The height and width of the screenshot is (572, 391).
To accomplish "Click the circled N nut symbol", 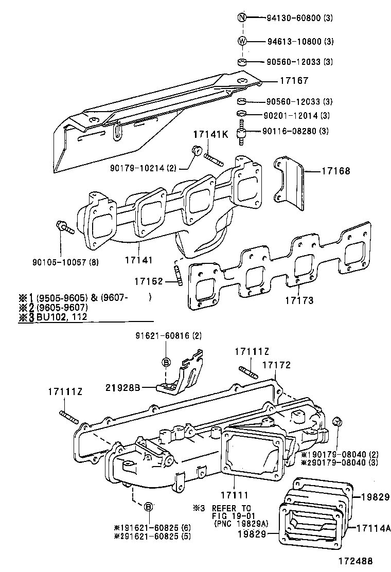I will coord(243,18).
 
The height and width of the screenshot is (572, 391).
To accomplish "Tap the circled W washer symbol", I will coord(243,41).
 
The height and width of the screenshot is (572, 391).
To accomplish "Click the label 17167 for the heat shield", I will coord(294,81).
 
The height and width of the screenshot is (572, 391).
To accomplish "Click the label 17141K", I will coord(210,134).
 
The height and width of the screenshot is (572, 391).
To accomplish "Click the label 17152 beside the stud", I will coord(149,281).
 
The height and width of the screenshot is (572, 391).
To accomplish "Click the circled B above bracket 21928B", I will coord(166,362).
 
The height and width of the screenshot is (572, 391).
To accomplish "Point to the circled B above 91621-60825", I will coord(148,507).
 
